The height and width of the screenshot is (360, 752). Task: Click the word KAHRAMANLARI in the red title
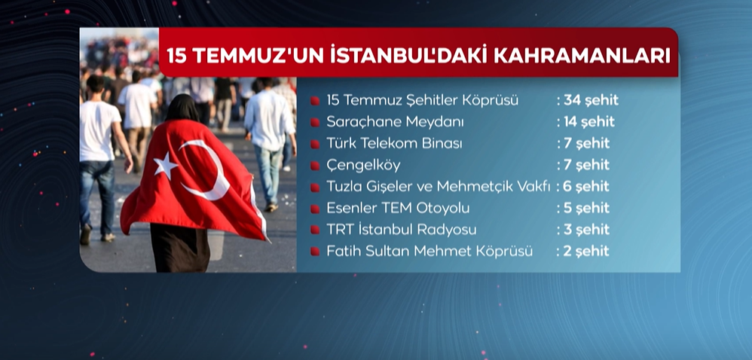coord(582,55)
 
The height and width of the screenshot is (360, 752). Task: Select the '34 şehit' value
coord(591,101)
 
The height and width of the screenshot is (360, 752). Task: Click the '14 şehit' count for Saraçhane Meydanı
coord(589,122)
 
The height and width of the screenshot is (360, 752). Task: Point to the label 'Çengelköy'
coord(363,166)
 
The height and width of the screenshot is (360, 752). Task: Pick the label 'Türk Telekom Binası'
coord(394,143)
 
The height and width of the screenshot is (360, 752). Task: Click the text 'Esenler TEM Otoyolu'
coord(398,209)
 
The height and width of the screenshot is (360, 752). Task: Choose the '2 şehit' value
coord(586,252)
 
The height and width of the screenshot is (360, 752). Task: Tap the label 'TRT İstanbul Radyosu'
coord(402,230)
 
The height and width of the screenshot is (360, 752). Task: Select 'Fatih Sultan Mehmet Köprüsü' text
coord(429,252)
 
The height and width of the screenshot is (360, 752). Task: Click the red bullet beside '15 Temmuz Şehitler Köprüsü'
coord(315,101)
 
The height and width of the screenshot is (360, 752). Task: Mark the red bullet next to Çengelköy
coord(315,166)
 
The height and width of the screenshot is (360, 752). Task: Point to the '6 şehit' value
coord(586,187)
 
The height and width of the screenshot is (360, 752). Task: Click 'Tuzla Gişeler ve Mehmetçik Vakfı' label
coord(438,187)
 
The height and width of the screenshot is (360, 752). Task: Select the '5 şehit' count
coord(586,209)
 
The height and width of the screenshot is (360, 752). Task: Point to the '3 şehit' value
coord(586,230)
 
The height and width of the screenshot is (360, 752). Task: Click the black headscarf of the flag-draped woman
coord(182,108)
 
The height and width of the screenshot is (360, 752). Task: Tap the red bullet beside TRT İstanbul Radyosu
coord(315,230)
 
